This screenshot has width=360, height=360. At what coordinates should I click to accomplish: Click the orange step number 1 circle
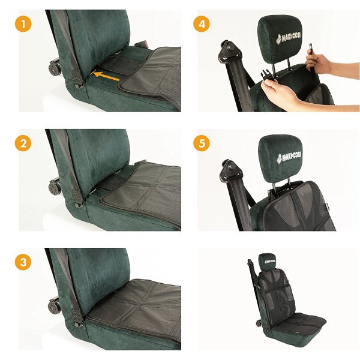tap(23, 23)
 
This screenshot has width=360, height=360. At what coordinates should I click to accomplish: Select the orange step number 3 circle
tap(23, 262)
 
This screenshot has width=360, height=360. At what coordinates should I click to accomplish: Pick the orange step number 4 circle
tap(202, 23)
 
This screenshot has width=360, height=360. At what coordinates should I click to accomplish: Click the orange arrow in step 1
tap(106, 77)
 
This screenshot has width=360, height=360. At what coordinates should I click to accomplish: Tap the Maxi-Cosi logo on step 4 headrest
tap(289, 38)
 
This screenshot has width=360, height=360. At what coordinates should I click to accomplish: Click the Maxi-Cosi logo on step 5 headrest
tap(289, 157)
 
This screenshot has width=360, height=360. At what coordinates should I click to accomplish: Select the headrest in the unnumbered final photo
tap(267, 261)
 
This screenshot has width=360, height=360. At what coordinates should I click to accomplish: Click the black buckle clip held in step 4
tap(267, 75)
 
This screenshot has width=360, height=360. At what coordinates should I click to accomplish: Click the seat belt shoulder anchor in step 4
tap(230, 53)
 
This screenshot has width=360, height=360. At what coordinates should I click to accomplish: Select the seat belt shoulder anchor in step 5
tap(230, 171)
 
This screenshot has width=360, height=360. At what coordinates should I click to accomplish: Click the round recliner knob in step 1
tap(55, 67)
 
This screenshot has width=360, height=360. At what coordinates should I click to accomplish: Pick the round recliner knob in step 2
tap(55, 187)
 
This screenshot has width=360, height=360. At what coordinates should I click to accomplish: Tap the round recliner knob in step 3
tap(55, 305)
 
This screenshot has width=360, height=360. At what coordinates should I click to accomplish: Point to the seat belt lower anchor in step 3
tap(78, 318)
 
